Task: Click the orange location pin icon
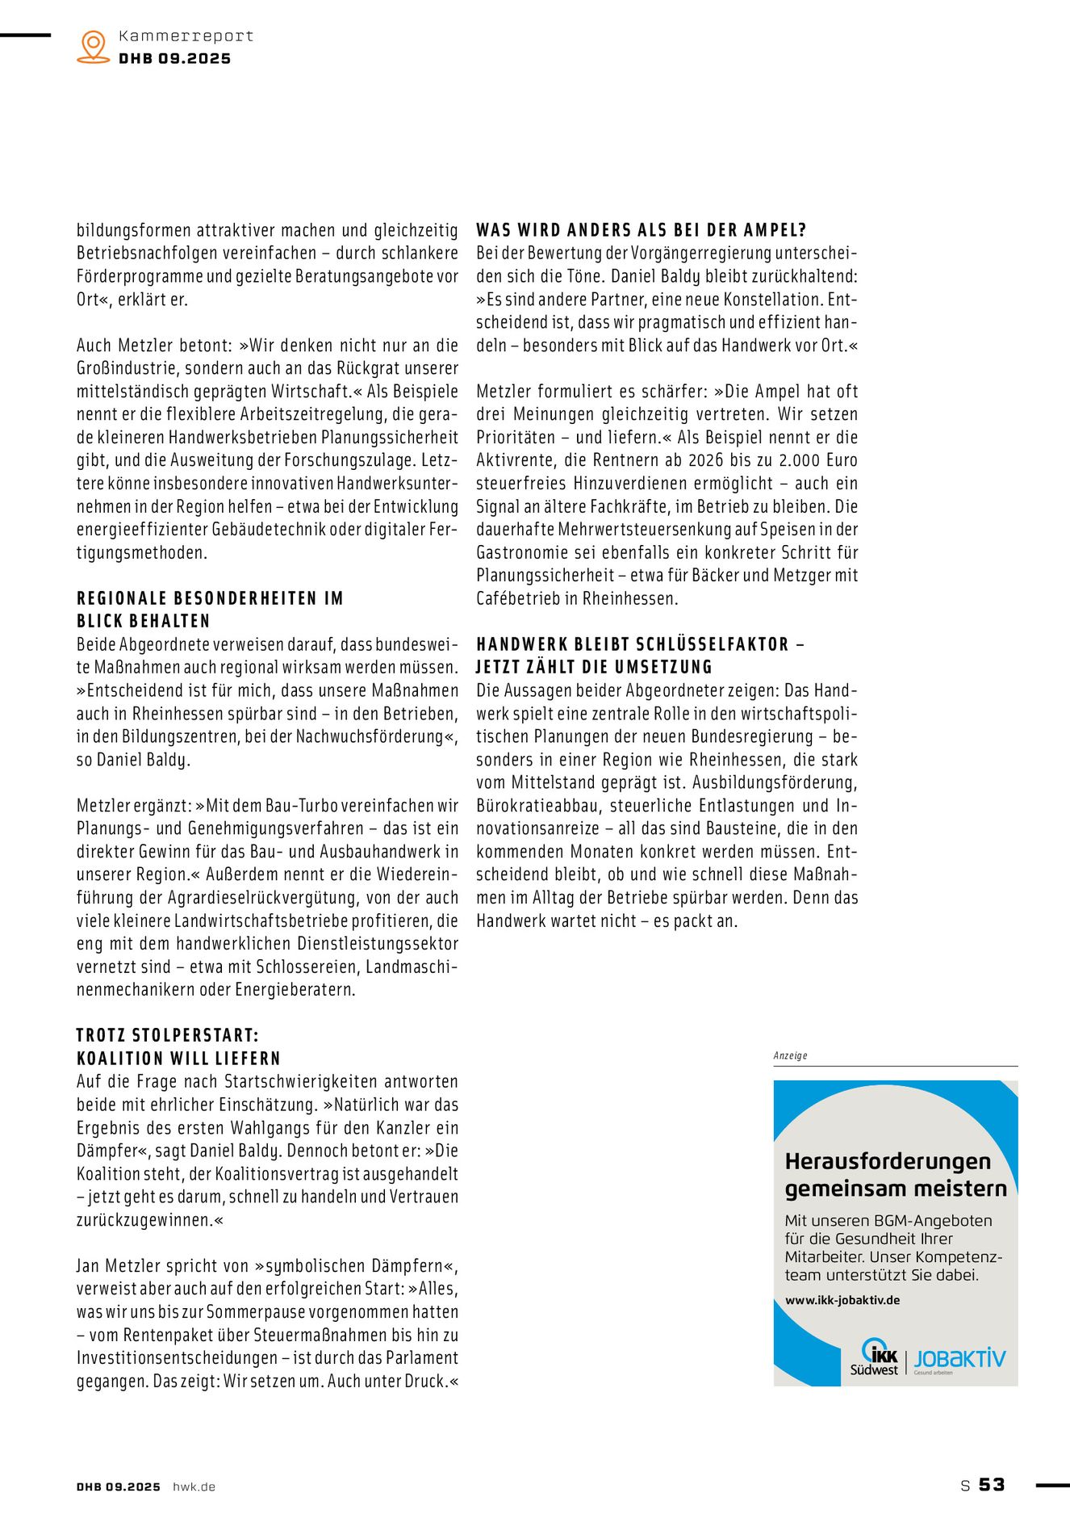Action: pyautogui.click(x=94, y=46)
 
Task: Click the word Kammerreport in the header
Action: pyautogui.click(x=186, y=36)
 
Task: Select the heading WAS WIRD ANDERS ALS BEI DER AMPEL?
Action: pyautogui.click(x=642, y=230)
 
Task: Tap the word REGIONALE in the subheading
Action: pyautogui.click(x=121, y=598)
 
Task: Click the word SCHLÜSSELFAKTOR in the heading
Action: pyautogui.click(x=711, y=644)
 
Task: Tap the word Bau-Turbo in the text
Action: pyautogui.click(x=298, y=805)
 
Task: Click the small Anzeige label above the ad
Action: pyautogui.click(x=790, y=1055)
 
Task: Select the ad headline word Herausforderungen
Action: pyautogui.click(x=888, y=1161)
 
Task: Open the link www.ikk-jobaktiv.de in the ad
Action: pyautogui.click(x=842, y=1300)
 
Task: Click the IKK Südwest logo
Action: pyautogui.click(x=876, y=1357)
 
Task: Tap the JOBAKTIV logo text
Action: pyautogui.click(x=959, y=1358)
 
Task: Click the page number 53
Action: pyautogui.click(x=992, y=1484)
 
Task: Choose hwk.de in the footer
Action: pyautogui.click(x=194, y=1487)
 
